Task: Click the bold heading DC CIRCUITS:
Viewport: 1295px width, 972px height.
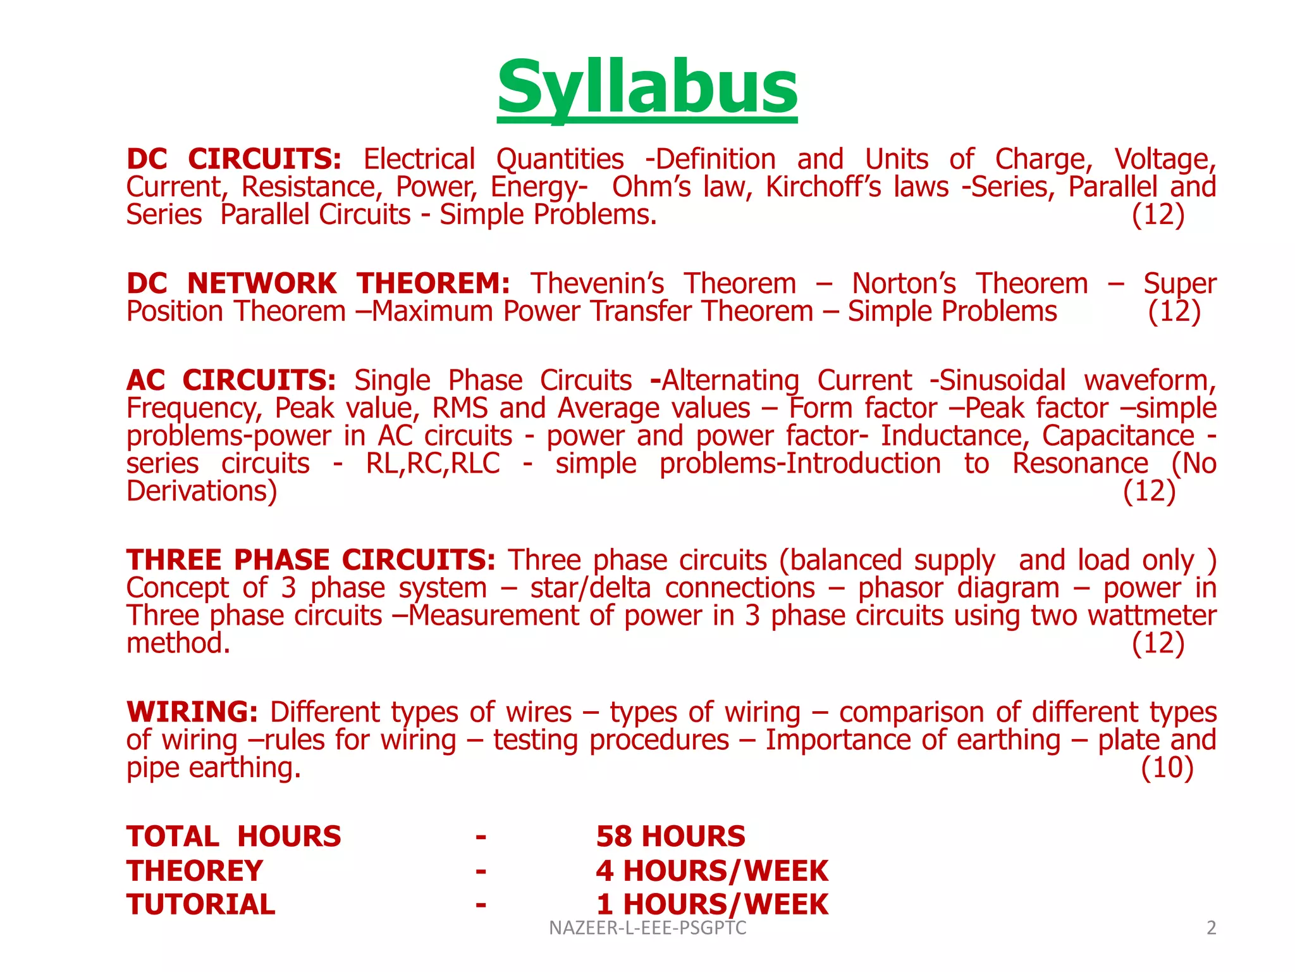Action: [234, 159]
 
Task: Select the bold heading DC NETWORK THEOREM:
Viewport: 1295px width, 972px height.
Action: [318, 283]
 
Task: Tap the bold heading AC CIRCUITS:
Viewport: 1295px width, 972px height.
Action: [231, 380]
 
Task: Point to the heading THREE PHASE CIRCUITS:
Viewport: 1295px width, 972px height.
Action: [310, 560]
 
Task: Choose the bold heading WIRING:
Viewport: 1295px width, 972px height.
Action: [192, 712]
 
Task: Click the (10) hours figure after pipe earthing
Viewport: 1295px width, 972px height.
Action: [1167, 768]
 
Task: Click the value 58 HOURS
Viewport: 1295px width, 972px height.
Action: [670, 837]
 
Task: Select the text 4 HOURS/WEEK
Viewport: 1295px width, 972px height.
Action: [711, 871]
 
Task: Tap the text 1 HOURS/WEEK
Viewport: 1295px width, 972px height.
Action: [711, 904]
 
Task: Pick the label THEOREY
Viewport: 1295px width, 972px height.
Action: [194, 871]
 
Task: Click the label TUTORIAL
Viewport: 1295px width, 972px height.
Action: [200, 904]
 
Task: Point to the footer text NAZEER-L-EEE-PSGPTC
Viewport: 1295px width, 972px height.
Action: [647, 928]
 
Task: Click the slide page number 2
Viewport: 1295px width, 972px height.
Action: [1211, 928]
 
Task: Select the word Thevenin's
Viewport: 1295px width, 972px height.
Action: [597, 283]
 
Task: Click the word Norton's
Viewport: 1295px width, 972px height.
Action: [904, 283]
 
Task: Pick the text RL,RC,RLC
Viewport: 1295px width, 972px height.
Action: [433, 464]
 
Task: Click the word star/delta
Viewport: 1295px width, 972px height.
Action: [590, 588]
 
